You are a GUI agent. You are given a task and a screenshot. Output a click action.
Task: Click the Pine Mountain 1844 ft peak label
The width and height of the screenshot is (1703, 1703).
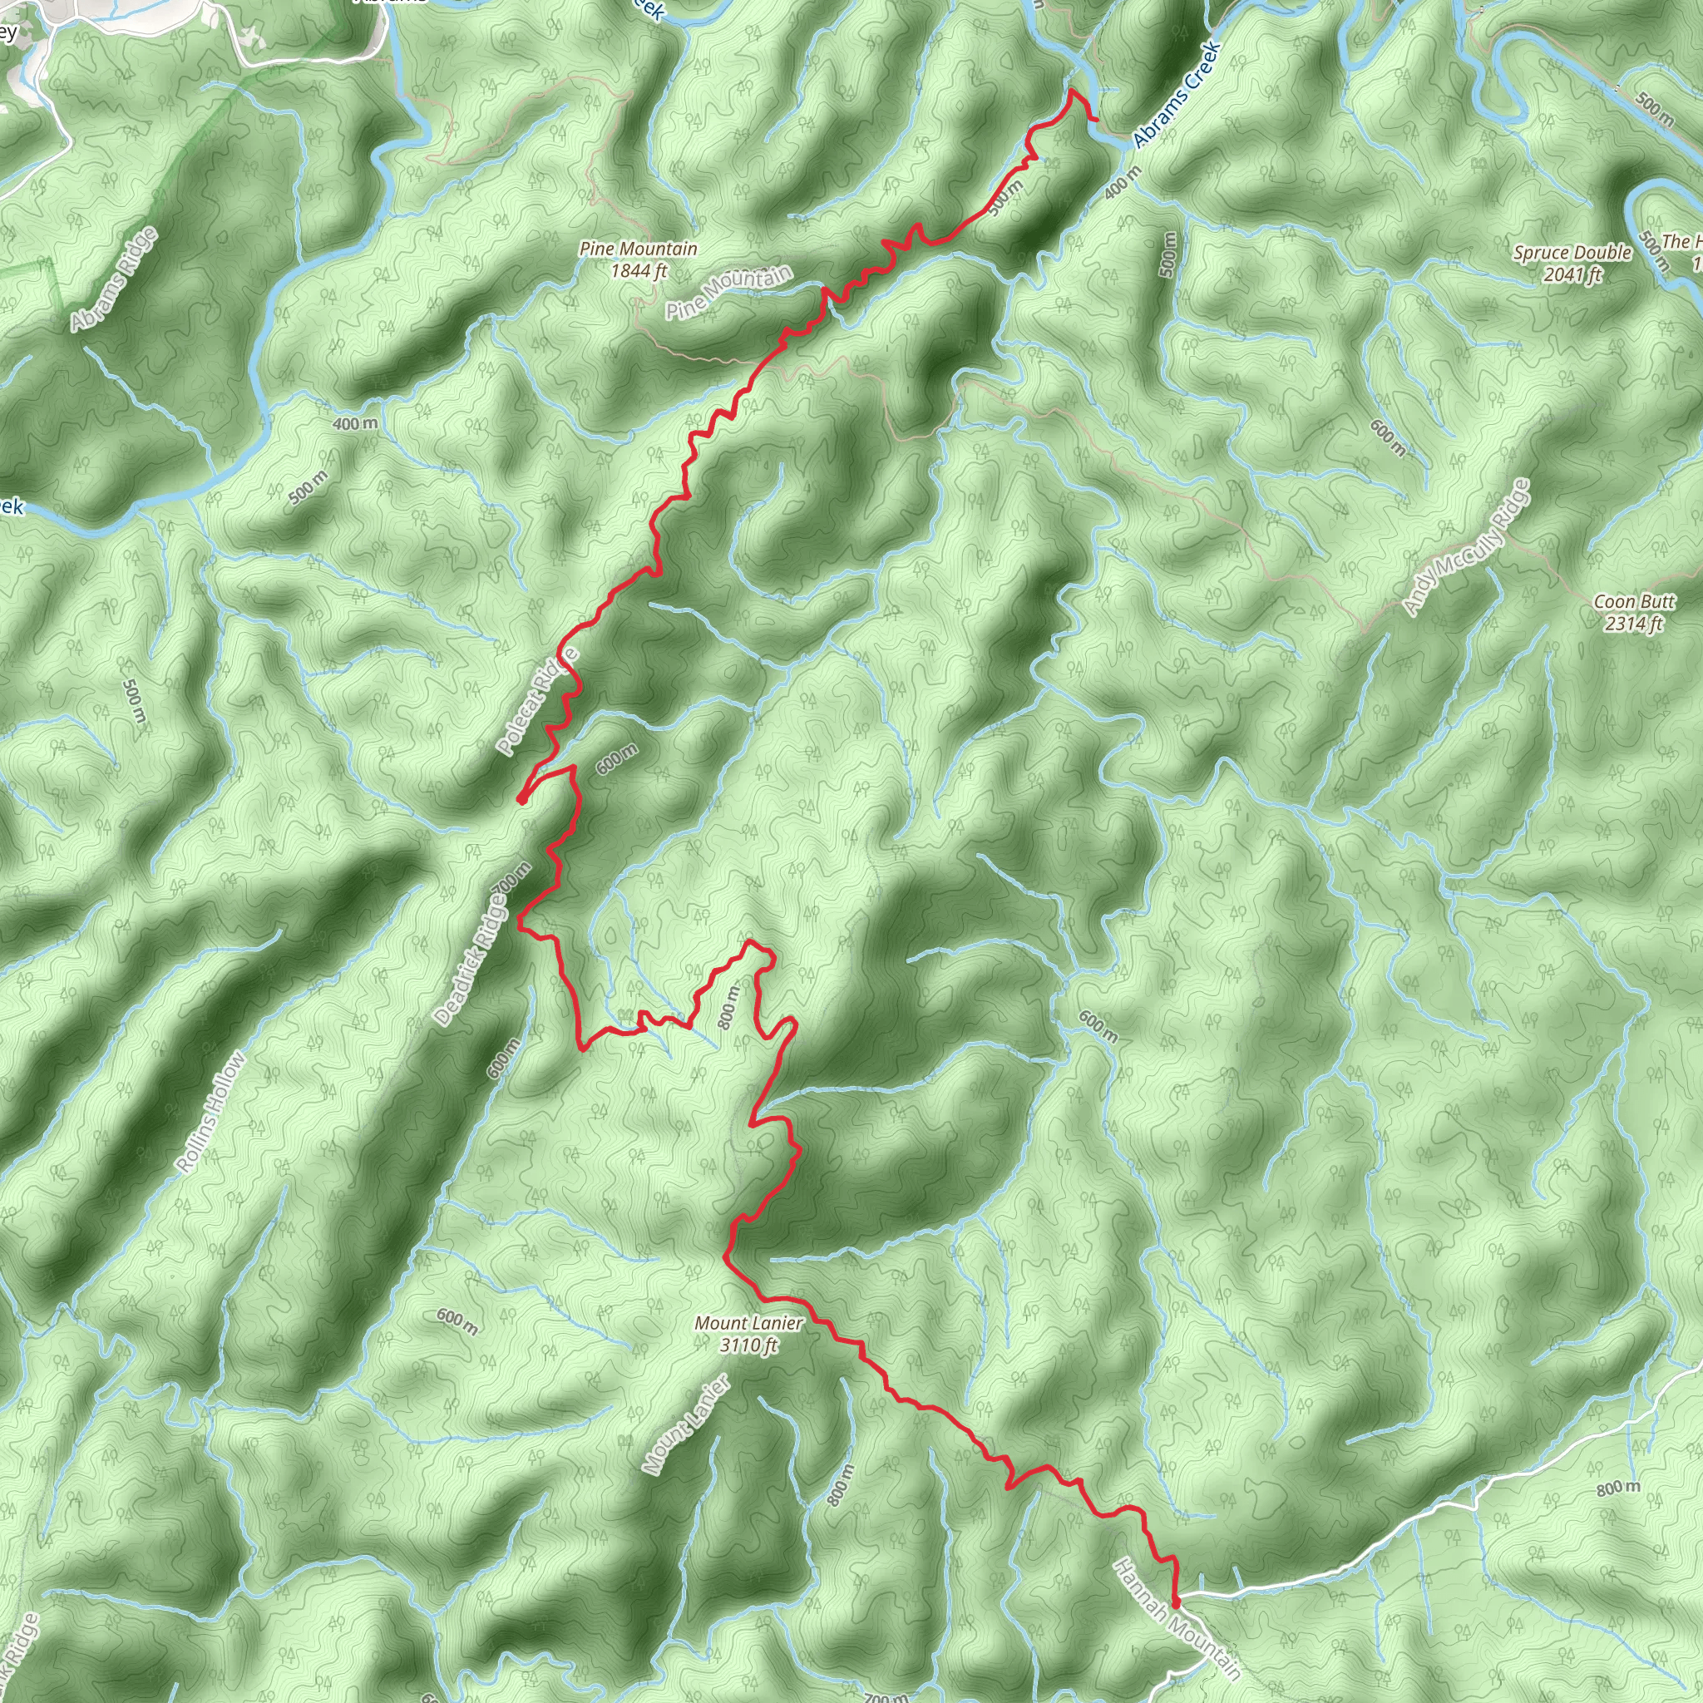coord(638,260)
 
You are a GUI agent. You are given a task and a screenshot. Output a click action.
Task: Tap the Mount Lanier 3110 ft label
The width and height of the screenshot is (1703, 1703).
coord(748,1334)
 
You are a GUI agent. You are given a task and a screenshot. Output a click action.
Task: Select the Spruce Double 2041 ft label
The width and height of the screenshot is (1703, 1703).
coord(1572,264)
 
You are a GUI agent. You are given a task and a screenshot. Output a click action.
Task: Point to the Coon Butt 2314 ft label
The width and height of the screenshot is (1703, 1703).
coord(1633,613)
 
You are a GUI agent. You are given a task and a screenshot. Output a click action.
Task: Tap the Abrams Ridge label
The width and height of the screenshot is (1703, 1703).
coord(115,279)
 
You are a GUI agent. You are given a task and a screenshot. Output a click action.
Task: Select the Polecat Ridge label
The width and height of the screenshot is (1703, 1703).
coord(537,702)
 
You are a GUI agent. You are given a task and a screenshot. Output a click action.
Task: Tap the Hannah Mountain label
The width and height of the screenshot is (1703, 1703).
coord(1177,1618)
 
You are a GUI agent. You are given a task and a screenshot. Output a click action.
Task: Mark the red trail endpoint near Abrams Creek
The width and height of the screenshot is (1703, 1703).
coord(1096,118)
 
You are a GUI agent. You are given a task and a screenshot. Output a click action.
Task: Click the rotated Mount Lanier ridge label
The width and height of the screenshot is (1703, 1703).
coord(686,1425)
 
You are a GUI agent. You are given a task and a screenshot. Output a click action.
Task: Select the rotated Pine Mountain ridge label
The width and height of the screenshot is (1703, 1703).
coord(728,292)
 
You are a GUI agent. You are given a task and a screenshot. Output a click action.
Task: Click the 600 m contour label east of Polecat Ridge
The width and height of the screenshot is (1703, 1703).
coord(616,758)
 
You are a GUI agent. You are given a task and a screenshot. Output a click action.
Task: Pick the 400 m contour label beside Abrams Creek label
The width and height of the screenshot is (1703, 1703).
coord(1121,180)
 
